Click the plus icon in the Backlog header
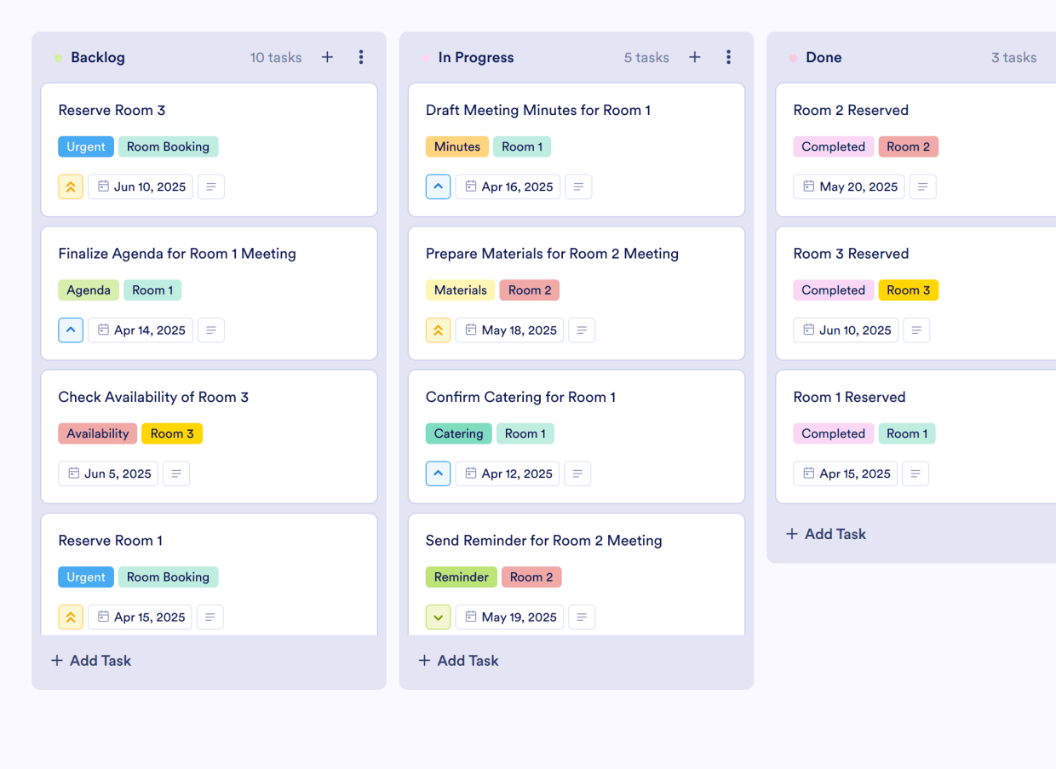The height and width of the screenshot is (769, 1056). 327,57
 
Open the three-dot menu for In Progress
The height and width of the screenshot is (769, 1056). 728,57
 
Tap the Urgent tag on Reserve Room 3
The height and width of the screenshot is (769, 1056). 86,146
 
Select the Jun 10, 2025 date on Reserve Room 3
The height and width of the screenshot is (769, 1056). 141,187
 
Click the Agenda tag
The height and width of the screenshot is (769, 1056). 89,290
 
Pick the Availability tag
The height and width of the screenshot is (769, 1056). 98,433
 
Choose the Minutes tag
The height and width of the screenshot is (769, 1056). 457,146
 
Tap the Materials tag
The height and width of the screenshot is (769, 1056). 461,290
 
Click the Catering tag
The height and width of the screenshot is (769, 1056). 459,433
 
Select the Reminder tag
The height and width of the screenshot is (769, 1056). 462,577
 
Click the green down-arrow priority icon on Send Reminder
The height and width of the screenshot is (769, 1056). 438,617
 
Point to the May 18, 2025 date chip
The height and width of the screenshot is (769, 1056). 509,330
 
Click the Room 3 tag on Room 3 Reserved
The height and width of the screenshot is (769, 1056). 908,290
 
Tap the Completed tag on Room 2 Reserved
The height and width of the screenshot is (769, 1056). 833,146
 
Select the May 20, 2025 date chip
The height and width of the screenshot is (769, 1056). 849,187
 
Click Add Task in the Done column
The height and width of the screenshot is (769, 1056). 825,534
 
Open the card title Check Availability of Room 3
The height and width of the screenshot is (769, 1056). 153,397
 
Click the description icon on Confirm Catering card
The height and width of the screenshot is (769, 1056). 577,473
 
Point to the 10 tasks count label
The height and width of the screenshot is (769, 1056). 276,58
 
